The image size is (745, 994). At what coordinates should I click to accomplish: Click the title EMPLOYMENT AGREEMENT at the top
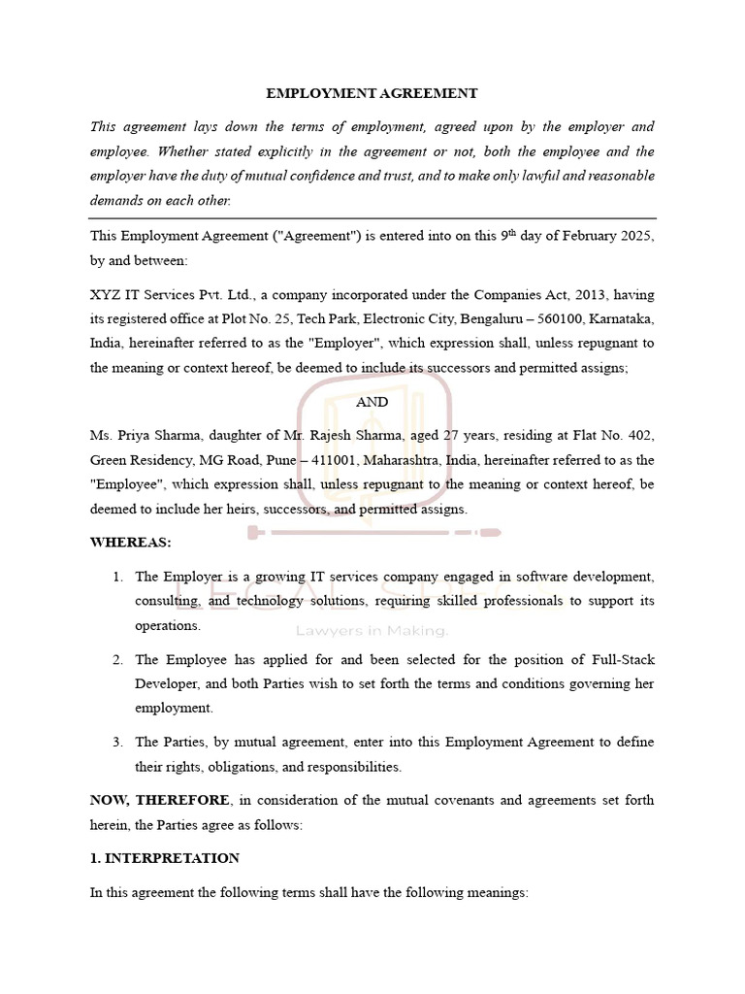[x=372, y=93]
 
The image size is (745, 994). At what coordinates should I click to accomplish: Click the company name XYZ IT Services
[x=142, y=294]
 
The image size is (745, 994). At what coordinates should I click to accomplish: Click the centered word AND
[x=372, y=401]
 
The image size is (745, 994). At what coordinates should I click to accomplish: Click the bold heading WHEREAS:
[x=126, y=542]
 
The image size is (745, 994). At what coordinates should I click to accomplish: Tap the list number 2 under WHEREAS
[x=116, y=660]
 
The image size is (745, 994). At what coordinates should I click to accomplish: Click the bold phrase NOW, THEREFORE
[x=160, y=800]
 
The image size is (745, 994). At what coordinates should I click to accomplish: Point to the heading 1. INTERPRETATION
[x=164, y=858]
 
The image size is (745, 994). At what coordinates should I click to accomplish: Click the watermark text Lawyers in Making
[x=372, y=631]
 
